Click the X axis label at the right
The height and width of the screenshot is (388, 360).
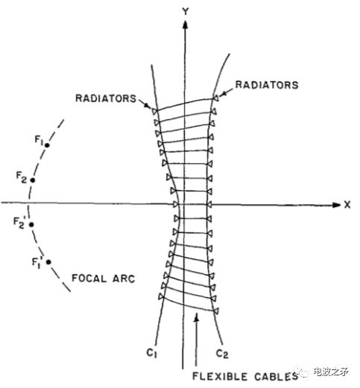point(347,203)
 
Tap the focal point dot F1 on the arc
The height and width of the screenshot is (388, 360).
point(46,145)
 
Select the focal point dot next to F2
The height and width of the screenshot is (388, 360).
point(32,179)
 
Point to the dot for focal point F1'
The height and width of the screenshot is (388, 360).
point(48,261)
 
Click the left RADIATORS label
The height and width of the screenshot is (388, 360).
point(104,98)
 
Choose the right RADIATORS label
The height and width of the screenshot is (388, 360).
point(267,86)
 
